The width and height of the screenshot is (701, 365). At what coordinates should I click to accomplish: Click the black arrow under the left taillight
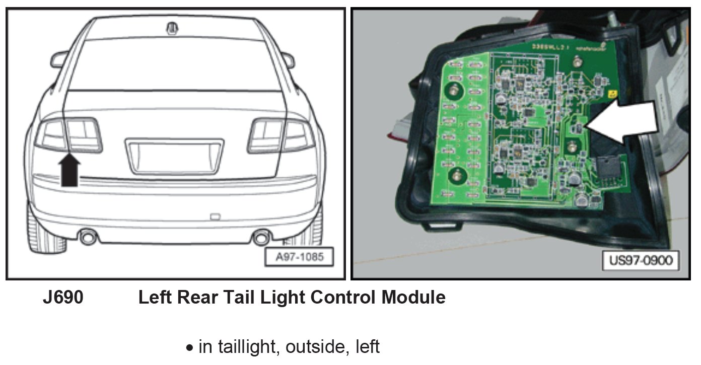70,170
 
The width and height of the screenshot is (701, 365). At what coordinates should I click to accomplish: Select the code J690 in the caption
62,298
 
